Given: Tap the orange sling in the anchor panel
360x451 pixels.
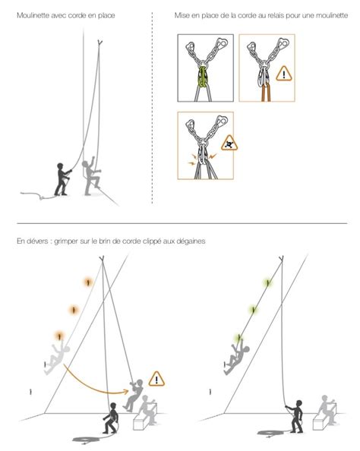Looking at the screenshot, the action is [x=266, y=92].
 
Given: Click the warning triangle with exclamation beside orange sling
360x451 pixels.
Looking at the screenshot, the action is [x=284, y=74].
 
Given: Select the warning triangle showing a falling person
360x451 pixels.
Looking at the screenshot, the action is [x=229, y=143].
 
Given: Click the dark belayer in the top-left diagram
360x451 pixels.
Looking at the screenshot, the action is [x=62, y=179].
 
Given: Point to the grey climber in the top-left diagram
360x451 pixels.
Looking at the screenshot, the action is [x=90, y=176].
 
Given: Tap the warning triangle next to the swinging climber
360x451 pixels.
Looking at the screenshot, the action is [x=156, y=380].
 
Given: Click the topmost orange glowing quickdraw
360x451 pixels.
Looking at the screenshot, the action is [x=88, y=282].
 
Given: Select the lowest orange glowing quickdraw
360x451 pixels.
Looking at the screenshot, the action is [x=59, y=336].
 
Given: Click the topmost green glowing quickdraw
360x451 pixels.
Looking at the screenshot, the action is [x=267, y=283].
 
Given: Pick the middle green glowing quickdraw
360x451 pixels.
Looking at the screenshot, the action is [x=253, y=310].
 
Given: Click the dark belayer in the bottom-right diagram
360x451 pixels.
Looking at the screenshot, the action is [x=295, y=416].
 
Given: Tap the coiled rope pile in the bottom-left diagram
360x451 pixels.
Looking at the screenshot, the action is [x=87, y=440].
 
